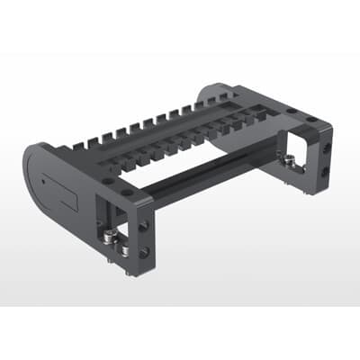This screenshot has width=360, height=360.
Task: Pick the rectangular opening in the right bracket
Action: pos(296,148)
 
